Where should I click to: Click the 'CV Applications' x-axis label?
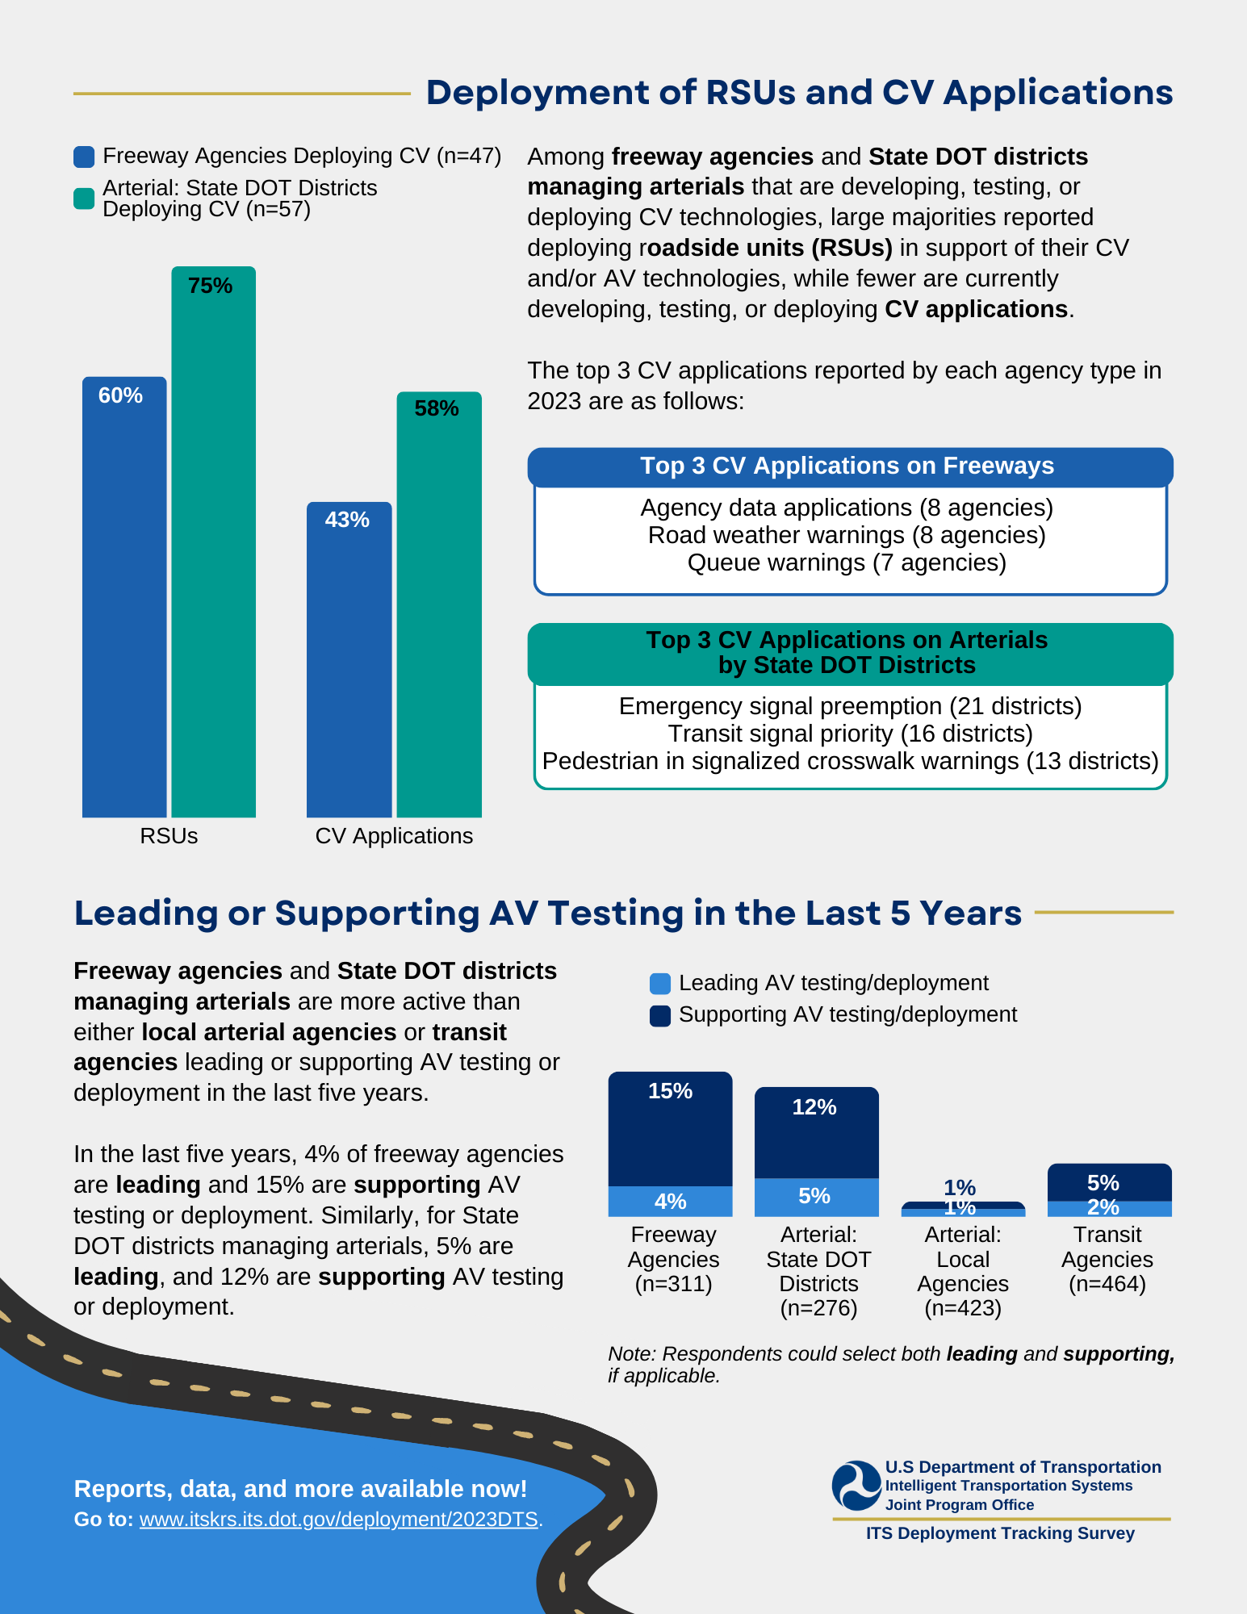(394, 836)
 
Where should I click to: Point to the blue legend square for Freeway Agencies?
(84, 157)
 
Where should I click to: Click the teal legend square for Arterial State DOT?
(84, 199)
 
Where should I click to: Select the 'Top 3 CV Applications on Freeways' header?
(847, 466)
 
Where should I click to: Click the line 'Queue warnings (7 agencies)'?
(847, 562)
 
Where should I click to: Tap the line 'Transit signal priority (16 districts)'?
(850, 734)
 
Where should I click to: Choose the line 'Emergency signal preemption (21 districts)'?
(850, 706)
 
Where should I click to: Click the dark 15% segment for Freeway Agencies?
(670, 1130)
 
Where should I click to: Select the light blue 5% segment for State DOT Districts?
(816, 1197)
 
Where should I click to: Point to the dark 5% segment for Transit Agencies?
(1109, 1182)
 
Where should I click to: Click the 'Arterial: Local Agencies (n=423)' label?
(963, 1271)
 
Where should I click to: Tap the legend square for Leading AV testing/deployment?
(659, 984)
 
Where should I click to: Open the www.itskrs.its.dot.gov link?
(338, 1520)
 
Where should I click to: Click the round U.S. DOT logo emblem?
(856, 1486)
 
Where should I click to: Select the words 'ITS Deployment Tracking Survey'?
(1000, 1533)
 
